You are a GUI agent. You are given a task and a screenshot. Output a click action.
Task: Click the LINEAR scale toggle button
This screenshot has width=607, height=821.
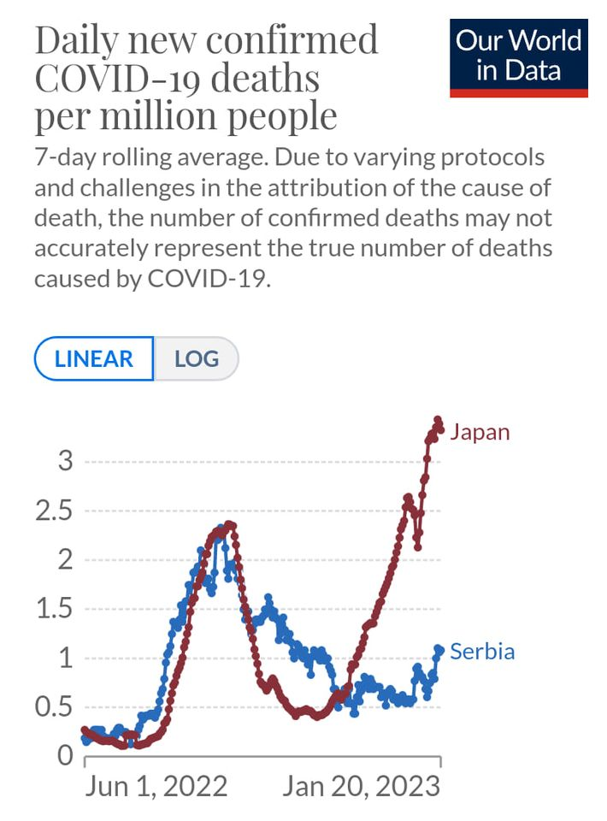[x=94, y=358]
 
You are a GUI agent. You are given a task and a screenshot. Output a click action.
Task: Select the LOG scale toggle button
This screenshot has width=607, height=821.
[x=196, y=358]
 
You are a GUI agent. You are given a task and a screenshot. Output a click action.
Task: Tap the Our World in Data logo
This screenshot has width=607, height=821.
[x=519, y=56]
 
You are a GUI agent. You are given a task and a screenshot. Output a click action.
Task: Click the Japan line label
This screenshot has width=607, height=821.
[x=480, y=432]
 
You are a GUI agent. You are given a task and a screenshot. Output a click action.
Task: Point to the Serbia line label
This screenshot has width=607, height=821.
[x=482, y=652]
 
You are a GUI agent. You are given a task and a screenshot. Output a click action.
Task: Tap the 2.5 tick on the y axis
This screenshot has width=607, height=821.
[x=56, y=511]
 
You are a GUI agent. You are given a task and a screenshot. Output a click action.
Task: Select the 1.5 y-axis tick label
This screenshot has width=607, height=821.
[x=56, y=610]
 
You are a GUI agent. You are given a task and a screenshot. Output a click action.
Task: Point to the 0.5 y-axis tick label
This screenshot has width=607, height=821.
[x=56, y=708]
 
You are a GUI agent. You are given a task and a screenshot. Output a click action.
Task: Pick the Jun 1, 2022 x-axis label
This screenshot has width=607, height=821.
[x=156, y=786]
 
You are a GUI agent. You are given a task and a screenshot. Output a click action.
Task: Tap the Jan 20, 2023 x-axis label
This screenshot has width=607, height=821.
[x=361, y=786]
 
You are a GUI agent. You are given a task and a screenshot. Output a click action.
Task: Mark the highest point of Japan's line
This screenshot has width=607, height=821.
[x=438, y=420]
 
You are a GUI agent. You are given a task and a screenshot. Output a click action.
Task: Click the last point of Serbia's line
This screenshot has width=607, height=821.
[x=439, y=649]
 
